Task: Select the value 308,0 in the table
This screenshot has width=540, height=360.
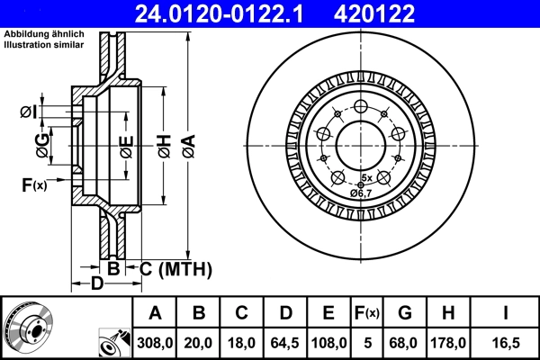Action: tap(155, 342)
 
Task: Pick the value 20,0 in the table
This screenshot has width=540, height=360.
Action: tap(200, 342)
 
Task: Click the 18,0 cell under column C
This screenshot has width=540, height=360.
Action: tap(242, 342)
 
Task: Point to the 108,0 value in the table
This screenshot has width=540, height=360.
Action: tap(328, 342)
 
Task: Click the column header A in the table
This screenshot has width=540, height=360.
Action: tap(155, 313)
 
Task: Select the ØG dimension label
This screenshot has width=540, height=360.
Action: tap(41, 140)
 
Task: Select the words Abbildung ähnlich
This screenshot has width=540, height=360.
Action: tap(40, 34)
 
